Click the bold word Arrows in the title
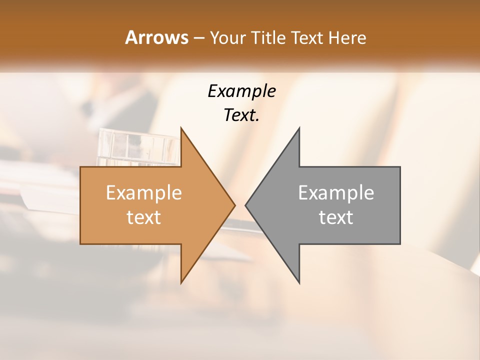coord(156,37)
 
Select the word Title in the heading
coord(271,37)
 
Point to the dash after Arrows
coord(198,38)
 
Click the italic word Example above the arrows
coord(241,91)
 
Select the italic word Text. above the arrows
coord(241,115)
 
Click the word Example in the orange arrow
coord(144,193)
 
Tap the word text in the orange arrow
coord(144,217)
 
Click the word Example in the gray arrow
coord(336,193)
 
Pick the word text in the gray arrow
coord(336,217)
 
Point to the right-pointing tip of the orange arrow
coord(234,205)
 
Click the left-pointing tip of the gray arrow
coord(246,205)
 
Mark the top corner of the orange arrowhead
coord(181,128)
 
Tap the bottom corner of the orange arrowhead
coord(181,282)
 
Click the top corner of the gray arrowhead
coord(299,128)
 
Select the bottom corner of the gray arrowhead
coord(299,282)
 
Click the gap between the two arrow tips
coord(240,205)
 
